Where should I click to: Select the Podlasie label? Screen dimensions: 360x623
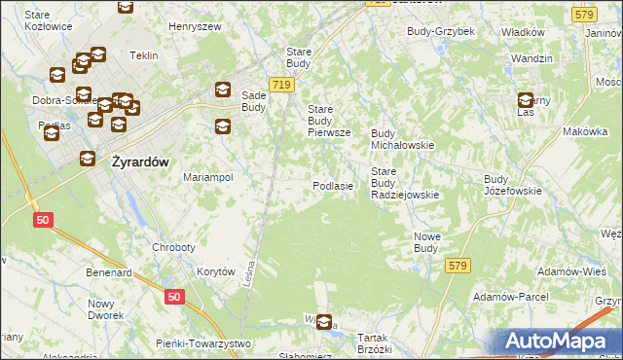332,185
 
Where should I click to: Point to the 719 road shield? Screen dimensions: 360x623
282,86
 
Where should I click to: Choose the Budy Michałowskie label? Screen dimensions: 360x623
403,138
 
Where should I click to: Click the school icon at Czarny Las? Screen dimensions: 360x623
527,99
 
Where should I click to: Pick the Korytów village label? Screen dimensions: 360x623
216,272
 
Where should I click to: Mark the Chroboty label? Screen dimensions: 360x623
173,247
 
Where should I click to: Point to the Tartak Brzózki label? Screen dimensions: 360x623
374,343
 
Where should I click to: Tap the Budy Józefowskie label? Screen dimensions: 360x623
512,185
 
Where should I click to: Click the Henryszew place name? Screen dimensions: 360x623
196,26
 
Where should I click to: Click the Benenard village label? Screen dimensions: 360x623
108,273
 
